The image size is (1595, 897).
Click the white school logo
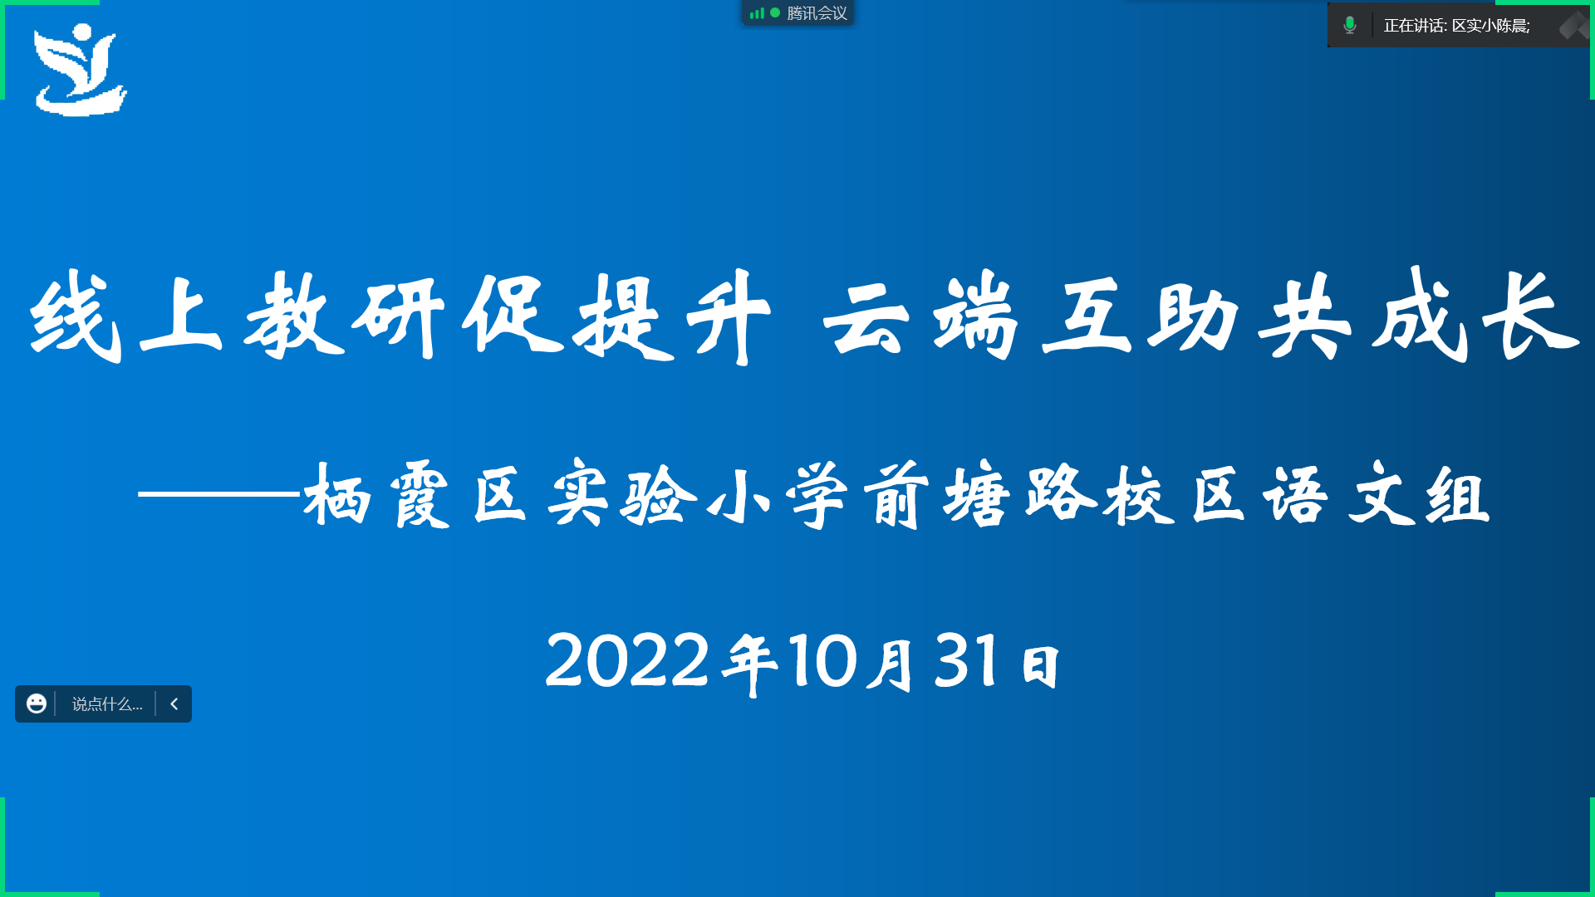coord(81,70)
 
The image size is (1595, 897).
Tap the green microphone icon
coord(1350,26)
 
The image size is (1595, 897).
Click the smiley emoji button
coord(37,703)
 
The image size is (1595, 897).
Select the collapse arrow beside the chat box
coord(174,703)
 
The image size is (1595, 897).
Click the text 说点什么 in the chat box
coord(107,704)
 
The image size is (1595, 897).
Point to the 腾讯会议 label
coord(817,13)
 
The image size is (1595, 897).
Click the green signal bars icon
coord(757,13)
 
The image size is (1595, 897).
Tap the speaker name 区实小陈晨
coord(1489,26)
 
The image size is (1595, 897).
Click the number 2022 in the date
coord(627,660)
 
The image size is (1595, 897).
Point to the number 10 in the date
coord(822,660)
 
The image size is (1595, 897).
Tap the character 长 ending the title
coord(1531,316)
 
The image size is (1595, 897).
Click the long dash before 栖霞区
coord(218,493)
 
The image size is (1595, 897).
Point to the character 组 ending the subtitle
coord(1458,496)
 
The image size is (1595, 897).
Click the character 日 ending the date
coord(1041,667)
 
